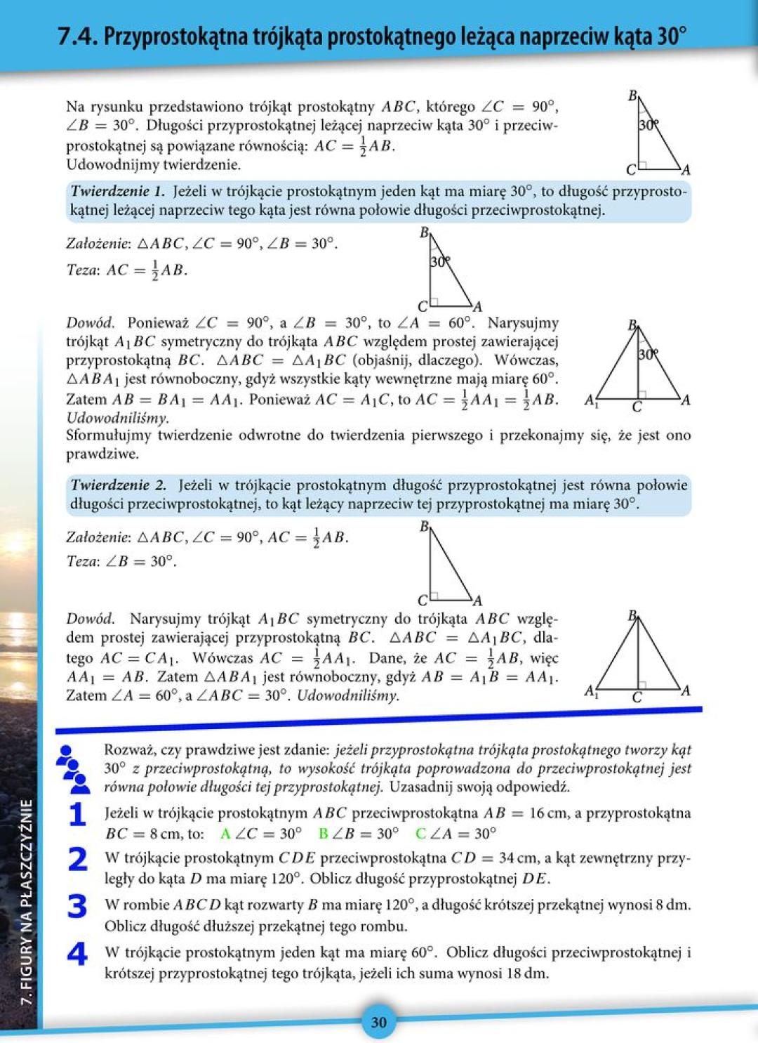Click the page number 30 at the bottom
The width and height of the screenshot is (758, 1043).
click(378, 1022)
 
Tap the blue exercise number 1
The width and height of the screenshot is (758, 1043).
click(77, 815)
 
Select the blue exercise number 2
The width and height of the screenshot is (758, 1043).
click(77, 860)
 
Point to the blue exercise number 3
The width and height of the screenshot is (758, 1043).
click(77, 907)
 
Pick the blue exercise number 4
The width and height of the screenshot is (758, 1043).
click(77, 954)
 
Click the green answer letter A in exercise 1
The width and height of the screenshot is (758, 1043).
click(225, 834)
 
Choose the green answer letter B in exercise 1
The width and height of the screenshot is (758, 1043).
click(323, 834)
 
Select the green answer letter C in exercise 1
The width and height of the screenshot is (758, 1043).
click(420, 834)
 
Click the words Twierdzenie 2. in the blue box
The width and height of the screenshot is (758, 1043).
click(119, 485)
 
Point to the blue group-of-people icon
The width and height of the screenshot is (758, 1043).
click(72, 769)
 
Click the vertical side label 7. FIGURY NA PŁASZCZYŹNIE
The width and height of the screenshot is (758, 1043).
click(27, 902)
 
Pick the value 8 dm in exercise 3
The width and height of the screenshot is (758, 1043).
click(672, 905)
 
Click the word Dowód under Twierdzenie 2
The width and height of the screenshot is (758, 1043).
click(90, 619)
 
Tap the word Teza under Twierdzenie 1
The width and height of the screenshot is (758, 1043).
click(81, 270)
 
